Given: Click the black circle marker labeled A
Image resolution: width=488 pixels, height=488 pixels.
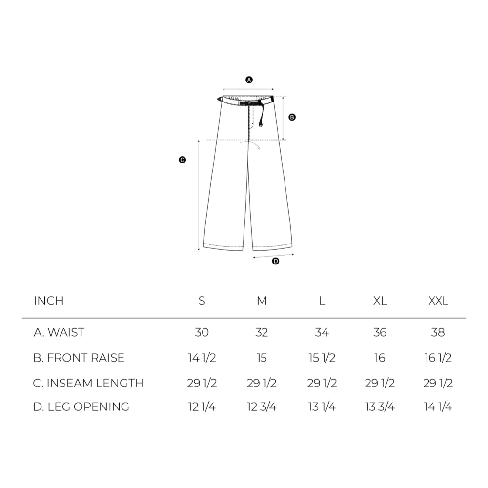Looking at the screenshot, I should click(x=249, y=80).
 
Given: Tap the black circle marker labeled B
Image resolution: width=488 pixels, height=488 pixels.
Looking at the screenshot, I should click(x=292, y=117).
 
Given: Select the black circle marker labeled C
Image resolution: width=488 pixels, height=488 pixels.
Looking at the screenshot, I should click(x=182, y=160).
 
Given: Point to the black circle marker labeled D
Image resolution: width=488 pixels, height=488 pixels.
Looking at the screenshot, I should click(x=275, y=261).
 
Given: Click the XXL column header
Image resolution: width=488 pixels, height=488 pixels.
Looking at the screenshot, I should click(x=438, y=301).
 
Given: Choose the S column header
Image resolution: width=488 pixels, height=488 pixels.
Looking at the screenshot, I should click(x=202, y=301).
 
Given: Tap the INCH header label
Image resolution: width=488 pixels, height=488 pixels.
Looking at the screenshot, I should click(x=49, y=301).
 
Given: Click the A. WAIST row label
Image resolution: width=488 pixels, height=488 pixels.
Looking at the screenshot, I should click(x=59, y=332).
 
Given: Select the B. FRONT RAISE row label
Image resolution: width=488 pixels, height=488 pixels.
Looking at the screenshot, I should click(x=79, y=358).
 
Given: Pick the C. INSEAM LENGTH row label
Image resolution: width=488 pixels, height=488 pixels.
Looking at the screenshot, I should click(x=88, y=383).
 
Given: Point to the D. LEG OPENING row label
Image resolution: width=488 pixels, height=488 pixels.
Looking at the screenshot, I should click(x=81, y=407).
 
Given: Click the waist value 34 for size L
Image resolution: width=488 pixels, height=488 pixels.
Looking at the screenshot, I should click(x=322, y=332).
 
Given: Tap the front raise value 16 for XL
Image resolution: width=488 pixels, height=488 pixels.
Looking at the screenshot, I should click(x=380, y=358).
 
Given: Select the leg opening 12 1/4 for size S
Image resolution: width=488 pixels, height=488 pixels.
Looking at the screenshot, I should click(x=202, y=407).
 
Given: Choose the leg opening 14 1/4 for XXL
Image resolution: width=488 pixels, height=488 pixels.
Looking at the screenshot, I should click(x=438, y=407).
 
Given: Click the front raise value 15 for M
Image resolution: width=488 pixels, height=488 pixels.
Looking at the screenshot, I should click(x=262, y=358).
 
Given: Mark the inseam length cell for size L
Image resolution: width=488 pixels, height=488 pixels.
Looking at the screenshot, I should click(x=322, y=383).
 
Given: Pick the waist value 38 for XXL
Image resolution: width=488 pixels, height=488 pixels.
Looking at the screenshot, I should click(x=438, y=332).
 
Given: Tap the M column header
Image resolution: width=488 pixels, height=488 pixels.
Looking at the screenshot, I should click(x=262, y=301).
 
